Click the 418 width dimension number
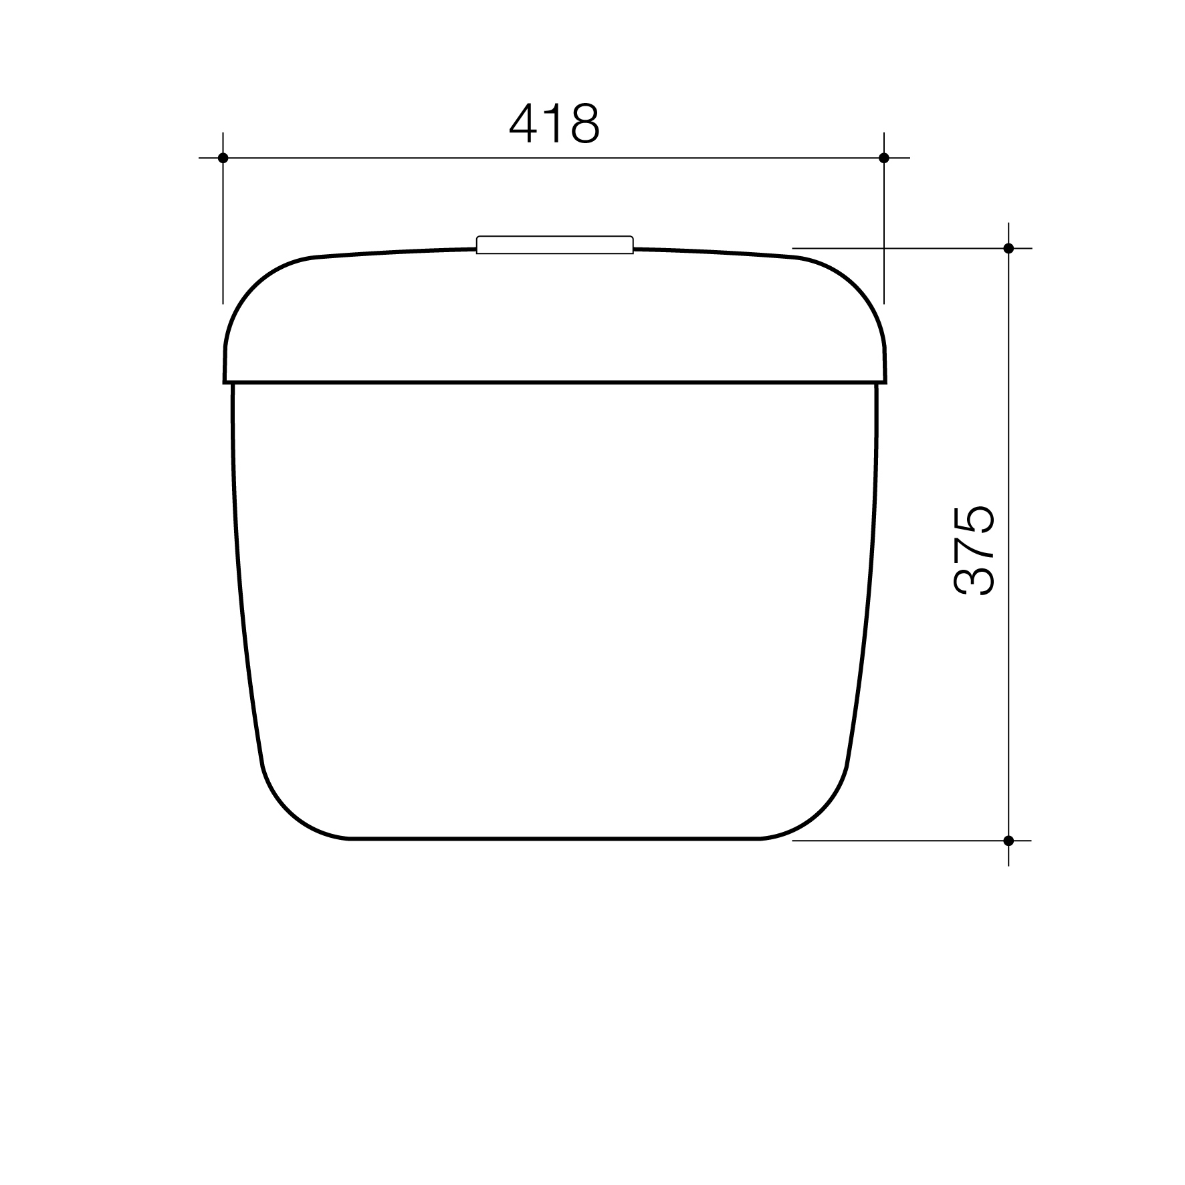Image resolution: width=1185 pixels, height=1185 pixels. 554,124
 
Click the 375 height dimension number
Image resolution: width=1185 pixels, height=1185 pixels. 973,550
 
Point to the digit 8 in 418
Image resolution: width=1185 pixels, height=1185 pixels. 584,124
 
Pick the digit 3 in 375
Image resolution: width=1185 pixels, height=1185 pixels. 973,580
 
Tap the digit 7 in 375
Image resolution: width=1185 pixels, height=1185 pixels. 973,550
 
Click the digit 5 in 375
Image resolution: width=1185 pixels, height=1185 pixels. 973,520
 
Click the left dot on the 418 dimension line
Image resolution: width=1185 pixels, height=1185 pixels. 223,158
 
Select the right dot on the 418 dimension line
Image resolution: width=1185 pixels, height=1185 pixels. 884,158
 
